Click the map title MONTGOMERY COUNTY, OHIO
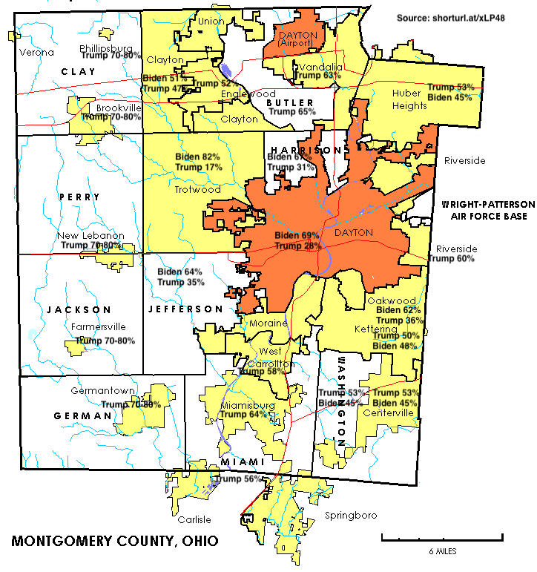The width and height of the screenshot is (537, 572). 115,541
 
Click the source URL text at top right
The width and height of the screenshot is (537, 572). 462,17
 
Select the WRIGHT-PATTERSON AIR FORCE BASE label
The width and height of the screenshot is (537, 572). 484,210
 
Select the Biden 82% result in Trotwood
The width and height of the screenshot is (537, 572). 198,157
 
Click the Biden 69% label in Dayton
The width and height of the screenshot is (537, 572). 297,235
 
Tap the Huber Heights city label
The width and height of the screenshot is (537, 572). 410,99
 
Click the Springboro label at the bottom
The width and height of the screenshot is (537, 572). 351,515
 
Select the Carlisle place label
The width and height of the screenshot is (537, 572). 194,519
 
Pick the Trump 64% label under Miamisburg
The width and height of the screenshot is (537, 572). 243,415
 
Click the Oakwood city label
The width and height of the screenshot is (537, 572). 386,300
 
